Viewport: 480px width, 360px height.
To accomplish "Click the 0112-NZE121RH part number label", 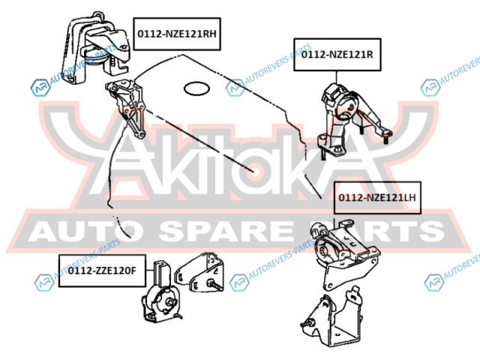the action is pos(177,34).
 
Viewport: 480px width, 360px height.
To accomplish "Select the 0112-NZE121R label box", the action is pos(337,55).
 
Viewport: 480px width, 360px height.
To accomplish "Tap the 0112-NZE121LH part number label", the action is pos(377,197).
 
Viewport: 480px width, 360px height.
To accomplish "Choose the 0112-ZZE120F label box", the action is pos(102,271).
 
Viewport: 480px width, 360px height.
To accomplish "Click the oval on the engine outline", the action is pos(196,88).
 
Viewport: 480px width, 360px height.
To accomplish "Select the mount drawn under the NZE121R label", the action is pos(352,119).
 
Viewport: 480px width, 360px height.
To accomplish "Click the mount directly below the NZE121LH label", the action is pos(344,253).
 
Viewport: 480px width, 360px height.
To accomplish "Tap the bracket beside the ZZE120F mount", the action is pos(199,272).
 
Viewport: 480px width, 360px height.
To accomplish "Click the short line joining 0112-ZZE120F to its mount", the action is pos(149,271).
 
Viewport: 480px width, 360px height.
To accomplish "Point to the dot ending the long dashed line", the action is pos(253,171).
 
